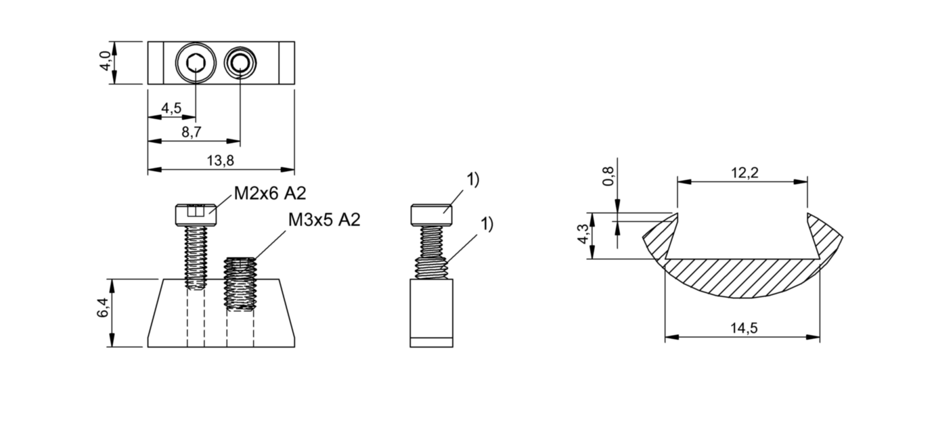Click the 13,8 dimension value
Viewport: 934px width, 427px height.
tap(221, 160)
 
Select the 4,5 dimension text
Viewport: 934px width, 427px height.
tap(171, 108)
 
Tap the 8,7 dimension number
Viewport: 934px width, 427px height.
tap(192, 133)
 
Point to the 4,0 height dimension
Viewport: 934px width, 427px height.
tap(106, 63)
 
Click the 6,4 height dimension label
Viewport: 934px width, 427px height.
tap(104, 312)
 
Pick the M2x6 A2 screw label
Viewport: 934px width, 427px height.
tap(270, 194)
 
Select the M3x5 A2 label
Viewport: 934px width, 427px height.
tap(324, 221)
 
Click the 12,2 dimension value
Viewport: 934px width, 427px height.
tap(744, 173)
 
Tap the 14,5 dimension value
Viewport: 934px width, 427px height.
tap(743, 328)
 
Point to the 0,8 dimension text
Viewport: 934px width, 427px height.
tap(608, 177)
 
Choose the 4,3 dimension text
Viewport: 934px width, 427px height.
tap(583, 236)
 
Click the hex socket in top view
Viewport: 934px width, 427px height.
tap(196, 64)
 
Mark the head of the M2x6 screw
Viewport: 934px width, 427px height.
tap(196, 215)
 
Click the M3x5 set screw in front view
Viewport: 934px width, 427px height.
tap(240, 284)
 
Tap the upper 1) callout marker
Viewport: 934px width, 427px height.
tap(472, 179)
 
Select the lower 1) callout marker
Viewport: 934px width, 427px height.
tap(486, 224)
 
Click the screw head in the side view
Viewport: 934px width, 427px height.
tap(431, 215)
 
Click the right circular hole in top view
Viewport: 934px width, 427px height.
tap(240, 64)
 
